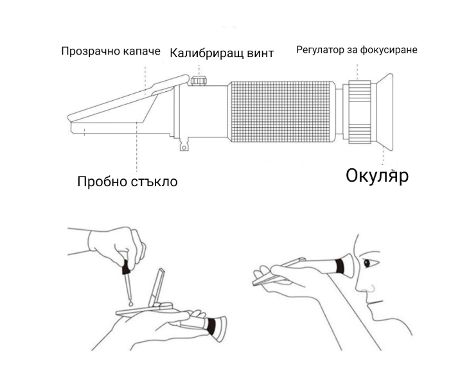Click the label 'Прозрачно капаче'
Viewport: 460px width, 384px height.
[110, 51]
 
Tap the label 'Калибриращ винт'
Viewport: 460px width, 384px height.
[222, 53]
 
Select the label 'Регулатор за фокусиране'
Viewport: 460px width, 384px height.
[357, 49]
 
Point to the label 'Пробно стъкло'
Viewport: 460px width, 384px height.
[127, 181]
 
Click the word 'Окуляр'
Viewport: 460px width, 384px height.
[377, 175]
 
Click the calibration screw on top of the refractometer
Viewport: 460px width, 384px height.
[199, 81]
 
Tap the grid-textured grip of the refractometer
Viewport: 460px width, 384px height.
[282, 112]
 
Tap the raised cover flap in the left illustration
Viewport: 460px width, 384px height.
[156, 290]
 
